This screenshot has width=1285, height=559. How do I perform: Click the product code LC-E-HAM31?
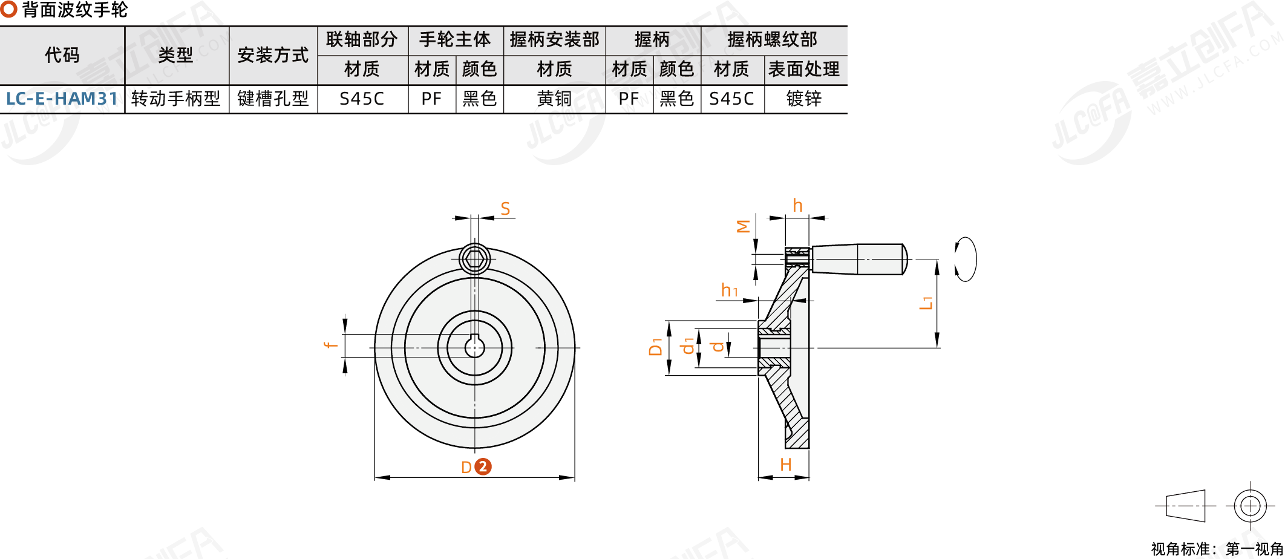(62, 99)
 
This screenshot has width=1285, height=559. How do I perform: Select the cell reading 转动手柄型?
(176, 99)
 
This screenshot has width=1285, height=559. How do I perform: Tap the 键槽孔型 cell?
(273, 99)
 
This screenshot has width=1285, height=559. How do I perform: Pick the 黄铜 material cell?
(554, 99)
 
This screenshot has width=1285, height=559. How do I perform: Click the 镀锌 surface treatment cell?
(804, 99)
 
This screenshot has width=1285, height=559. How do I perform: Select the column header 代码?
(62, 55)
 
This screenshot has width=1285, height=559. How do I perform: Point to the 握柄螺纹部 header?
(773, 40)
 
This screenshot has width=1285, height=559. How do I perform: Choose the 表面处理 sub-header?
(804, 70)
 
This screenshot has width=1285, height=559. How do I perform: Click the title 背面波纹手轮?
(74, 10)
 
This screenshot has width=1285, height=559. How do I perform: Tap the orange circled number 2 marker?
(483, 467)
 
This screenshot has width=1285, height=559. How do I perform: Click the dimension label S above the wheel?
(505, 209)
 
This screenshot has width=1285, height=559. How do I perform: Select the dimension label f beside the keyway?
(330, 345)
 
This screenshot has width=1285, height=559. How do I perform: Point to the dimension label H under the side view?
(785, 465)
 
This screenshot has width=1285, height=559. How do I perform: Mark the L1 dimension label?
(926, 302)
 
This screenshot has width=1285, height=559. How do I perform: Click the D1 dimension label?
(655, 347)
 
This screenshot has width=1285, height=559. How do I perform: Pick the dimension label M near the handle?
(744, 226)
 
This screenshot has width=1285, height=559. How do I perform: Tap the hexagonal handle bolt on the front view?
(475, 259)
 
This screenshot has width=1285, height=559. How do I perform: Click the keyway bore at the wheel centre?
(475, 347)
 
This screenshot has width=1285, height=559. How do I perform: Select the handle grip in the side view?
(859, 259)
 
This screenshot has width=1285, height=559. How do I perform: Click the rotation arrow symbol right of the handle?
(966, 259)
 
